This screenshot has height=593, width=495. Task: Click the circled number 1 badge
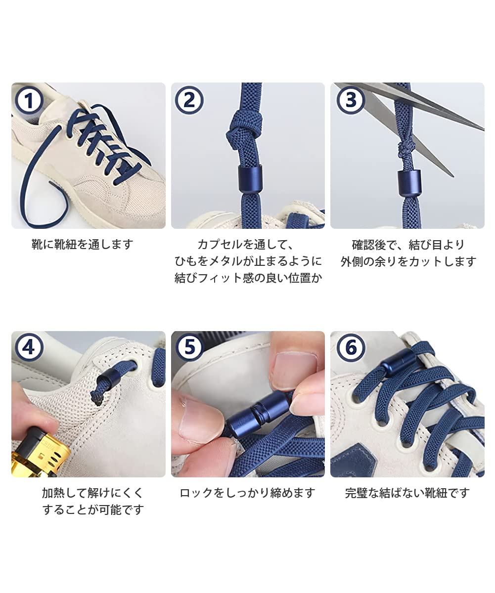point(29,100)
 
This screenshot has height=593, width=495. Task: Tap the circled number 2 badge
point(189,100)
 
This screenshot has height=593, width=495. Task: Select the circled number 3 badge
point(351,100)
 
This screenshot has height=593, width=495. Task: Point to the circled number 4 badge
point(29,348)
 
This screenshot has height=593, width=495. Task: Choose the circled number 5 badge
point(190,347)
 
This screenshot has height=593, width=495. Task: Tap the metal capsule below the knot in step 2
point(249,178)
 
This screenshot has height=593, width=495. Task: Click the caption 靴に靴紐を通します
point(83,244)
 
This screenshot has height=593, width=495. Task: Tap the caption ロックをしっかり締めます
point(247,493)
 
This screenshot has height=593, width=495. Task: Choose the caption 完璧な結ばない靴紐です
point(407,493)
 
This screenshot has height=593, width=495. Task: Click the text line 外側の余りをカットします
point(408,261)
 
